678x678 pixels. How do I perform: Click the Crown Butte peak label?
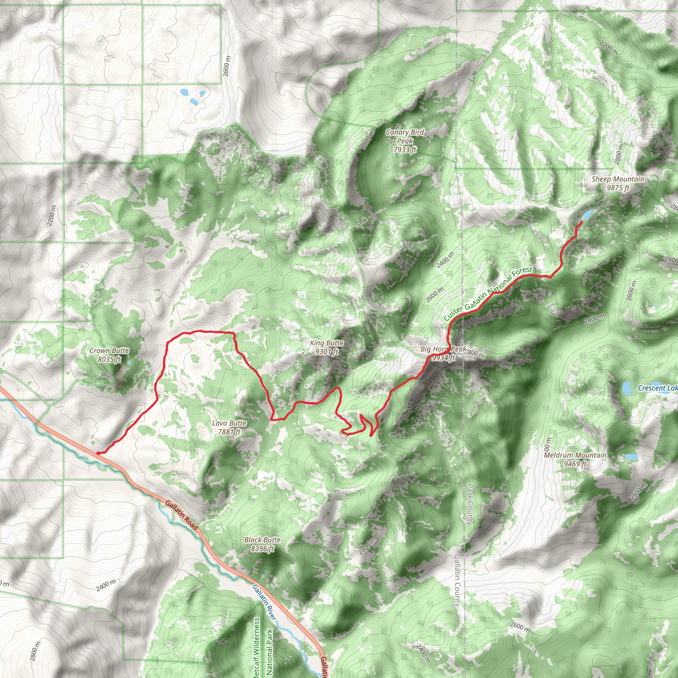109,355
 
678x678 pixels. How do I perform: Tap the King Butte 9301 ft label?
327,347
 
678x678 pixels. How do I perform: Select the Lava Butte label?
229,427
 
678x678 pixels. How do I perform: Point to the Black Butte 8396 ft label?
262,544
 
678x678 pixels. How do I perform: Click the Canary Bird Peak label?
405,141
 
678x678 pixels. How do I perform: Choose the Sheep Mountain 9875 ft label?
618,183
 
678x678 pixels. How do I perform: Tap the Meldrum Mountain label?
575,460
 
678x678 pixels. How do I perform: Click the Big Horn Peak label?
443,353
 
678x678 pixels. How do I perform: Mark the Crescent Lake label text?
657,388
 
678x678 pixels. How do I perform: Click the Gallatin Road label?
181,515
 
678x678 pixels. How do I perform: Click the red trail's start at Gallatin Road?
98,453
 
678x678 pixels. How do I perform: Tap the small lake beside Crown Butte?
128,362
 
